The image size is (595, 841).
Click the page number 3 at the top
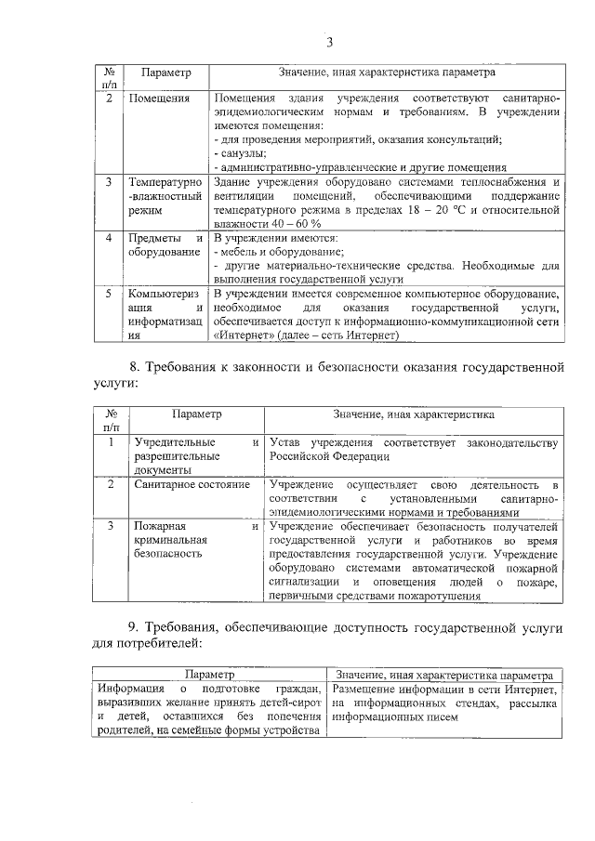pyautogui.click(x=329, y=39)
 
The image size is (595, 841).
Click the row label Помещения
pyautogui.click(x=160, y=98)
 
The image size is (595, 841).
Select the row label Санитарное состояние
pyautogui.click(x=192, y=484)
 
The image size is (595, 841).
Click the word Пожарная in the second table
pyautogui.click(x=161, y=526)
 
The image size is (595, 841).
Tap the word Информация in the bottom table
pyautogui.click(x=128, y=689)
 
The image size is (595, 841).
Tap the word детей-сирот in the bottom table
pyautogui.click(x=290, y=703)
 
